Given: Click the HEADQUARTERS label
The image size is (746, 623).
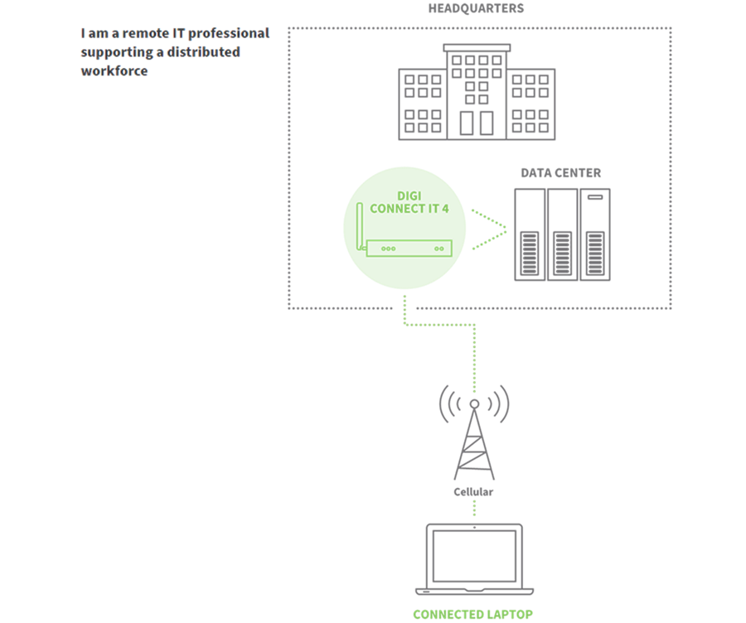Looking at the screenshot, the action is [476, 8].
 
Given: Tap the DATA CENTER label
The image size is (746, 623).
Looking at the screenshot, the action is [561, 173].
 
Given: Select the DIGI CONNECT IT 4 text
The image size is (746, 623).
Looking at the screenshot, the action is [409, 203].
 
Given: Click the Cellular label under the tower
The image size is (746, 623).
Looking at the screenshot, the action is [473, 492].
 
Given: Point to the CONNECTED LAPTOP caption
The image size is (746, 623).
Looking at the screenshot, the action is [473, 615].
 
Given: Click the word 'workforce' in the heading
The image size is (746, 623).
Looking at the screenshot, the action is [114, 71].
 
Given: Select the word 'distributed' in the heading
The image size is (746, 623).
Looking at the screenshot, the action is [203, 52].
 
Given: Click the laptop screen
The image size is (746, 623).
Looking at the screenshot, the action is [474, 556].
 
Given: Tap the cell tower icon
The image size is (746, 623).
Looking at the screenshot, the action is [474, 432].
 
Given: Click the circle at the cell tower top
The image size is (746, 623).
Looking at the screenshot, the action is [474, 404].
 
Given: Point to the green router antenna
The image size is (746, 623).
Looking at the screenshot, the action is [360, 226].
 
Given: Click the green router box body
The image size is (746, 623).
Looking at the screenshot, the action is [409, 249].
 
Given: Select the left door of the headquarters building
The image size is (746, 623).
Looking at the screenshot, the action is [466, 123].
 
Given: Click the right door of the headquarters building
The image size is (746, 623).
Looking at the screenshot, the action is [487, 123].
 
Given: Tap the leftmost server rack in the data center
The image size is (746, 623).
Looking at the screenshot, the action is [530, 234].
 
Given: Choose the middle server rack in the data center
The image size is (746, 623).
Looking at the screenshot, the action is [562, 234].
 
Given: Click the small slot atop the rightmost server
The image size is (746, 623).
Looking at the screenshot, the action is [595, 197].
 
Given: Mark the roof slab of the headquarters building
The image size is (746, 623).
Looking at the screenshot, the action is [477, 47].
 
